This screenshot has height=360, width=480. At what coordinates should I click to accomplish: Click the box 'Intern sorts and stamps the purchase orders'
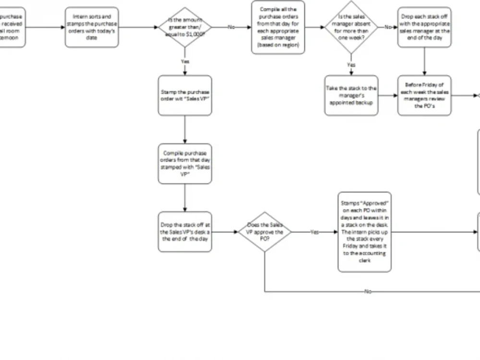(x=92, y=27)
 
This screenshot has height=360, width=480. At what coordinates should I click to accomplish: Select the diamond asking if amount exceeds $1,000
(x=185, y=27)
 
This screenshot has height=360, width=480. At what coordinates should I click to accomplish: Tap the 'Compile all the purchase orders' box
(x=278, y=27)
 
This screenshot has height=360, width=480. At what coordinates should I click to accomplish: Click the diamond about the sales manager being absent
(x=351, y=27)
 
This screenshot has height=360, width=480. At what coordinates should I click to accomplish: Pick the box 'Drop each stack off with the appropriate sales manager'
(x=424, y=27)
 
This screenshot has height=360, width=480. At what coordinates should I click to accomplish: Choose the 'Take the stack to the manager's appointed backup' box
(x=351, y=96)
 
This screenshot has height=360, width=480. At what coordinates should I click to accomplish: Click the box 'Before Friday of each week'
(x=424, y=96)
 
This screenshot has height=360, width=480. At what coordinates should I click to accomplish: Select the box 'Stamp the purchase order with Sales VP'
(x=185, y=96)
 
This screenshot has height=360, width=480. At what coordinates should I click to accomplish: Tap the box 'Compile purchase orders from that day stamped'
(x=185, y=164)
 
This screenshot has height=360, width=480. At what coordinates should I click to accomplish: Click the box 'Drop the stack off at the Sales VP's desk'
(x=185, y=232)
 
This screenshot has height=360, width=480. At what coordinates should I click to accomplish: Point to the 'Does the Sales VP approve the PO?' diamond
(x=264, y=232)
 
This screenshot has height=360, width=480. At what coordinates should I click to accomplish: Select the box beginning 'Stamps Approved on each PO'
(x=365, y=232)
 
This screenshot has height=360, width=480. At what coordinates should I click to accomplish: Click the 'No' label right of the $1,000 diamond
(x=231, y=27)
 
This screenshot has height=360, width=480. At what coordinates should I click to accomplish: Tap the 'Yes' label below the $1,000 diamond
(x=185, y=61)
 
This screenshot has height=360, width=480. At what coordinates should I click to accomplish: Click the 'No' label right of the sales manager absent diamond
(x=388, y=27)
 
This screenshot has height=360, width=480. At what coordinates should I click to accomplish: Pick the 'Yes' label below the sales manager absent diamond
(x=351, y=65)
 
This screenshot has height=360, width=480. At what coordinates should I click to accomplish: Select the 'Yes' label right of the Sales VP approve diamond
(x=314, y=232)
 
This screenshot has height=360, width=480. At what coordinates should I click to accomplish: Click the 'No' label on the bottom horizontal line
(x=368, y=291)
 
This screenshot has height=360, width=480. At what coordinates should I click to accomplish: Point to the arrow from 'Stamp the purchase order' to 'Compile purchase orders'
(x=185, y=130)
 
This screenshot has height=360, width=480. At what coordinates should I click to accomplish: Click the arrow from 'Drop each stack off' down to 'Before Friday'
(x=424, y=61)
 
